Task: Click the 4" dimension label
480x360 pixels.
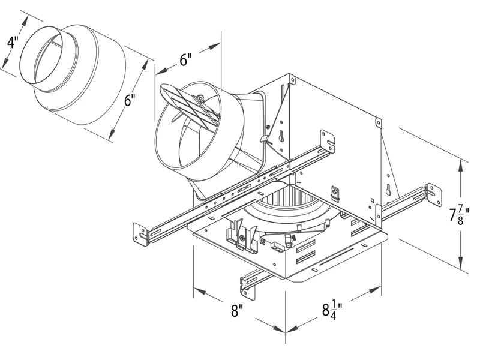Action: pos(12,43)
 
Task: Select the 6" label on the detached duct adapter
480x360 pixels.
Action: pos(129,100)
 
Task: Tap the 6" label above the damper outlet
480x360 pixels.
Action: pos(185,60)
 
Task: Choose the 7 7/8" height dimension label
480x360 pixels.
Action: pos(458,214)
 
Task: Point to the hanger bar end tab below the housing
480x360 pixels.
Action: pos(247,284)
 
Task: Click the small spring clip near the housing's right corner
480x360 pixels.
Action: pos(336,193)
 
